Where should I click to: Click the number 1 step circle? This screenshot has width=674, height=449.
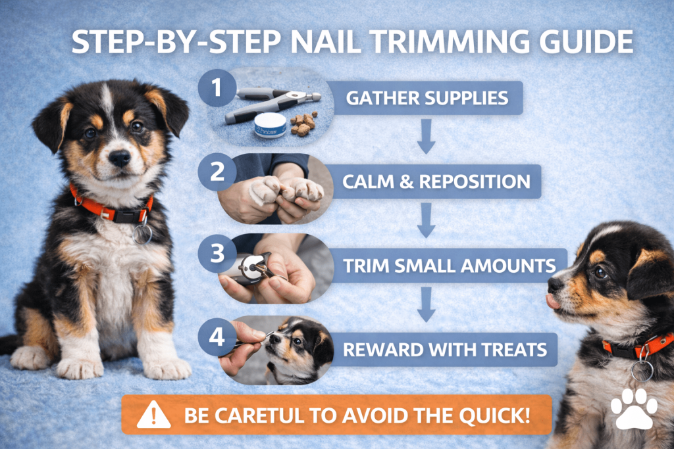coord(217,88)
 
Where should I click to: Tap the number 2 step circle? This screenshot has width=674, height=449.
coord(217,172)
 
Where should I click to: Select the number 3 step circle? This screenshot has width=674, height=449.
coord(217,253)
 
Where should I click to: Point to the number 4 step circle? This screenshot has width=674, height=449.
coord(217,337)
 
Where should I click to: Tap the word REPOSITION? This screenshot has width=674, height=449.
coord(475,181)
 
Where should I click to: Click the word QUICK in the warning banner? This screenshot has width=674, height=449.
coord(495,415)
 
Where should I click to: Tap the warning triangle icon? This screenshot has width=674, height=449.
coord(153,415)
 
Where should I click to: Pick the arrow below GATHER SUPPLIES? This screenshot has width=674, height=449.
coord(426,137)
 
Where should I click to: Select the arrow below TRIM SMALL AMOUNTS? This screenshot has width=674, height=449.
coord(426,304)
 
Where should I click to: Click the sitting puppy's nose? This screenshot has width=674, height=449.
coord(119,158)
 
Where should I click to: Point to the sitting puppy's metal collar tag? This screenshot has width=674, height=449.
coord(142,234)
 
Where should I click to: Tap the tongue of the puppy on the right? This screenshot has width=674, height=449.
coord(553,302)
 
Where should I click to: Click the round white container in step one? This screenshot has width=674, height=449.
coord(270,125)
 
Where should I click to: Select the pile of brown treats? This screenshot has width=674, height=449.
coord(304,124)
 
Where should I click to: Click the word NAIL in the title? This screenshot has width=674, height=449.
coord(326,41)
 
